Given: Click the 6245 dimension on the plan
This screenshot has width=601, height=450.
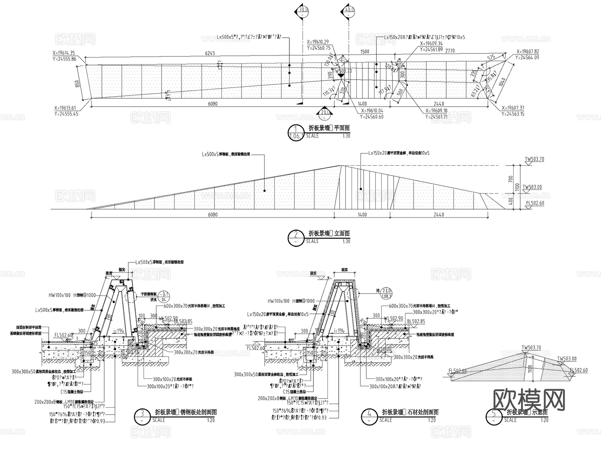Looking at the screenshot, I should [210, 53].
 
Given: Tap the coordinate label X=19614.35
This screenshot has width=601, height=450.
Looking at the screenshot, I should [64, 53].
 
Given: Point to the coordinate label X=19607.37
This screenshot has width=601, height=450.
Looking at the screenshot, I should [513, 108].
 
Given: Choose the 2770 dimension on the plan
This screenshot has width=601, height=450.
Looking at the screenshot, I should [450, 51].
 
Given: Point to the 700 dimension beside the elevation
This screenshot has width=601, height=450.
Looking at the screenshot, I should [510, 179].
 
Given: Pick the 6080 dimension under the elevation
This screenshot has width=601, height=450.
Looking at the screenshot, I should [213, 215].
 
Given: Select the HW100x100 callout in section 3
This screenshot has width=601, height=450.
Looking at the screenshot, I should [59, 295].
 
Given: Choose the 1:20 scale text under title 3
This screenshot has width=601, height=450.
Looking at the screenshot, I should [211, 420].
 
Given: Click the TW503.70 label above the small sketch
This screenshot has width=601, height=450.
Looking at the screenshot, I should [531, 348].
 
